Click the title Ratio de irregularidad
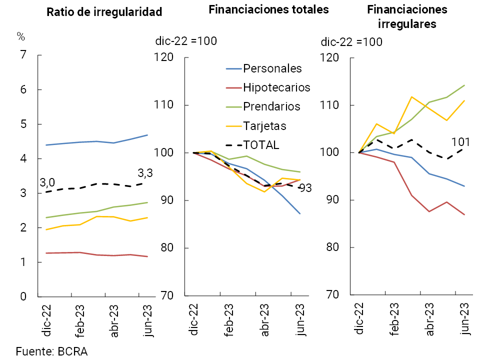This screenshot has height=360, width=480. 104,12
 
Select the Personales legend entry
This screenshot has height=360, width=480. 272,68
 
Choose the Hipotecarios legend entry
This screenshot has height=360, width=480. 276,87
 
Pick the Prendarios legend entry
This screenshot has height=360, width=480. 271,106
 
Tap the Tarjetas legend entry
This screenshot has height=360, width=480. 264,125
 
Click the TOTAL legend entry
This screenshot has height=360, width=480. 261,145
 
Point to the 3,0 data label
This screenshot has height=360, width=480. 47,182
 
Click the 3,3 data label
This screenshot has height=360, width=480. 145,174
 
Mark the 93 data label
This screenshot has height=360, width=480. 305,188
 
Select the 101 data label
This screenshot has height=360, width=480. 461,141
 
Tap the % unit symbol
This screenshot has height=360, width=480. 20,36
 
